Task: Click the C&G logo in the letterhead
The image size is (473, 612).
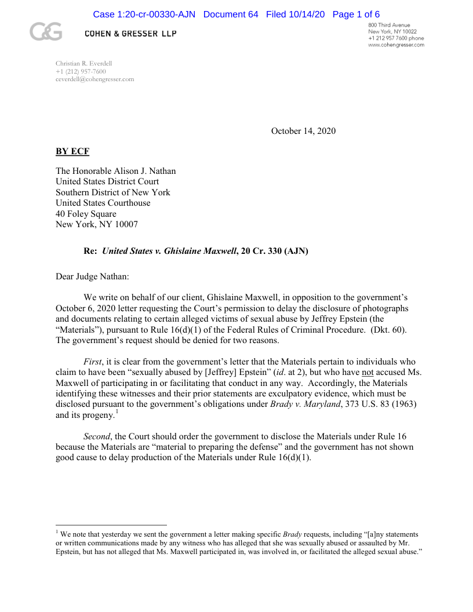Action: click(46, 32)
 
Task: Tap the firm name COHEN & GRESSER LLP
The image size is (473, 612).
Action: click(130, 34)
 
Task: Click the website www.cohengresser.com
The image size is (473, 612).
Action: click(396, 45)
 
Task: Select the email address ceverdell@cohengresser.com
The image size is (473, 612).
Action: click(94, 79)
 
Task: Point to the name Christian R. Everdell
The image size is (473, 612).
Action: click(83, 63)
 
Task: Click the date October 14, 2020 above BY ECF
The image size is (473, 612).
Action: click(303, 131)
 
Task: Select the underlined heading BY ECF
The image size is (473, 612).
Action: click(72, 152)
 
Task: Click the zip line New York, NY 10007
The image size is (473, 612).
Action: click(97, 224)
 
